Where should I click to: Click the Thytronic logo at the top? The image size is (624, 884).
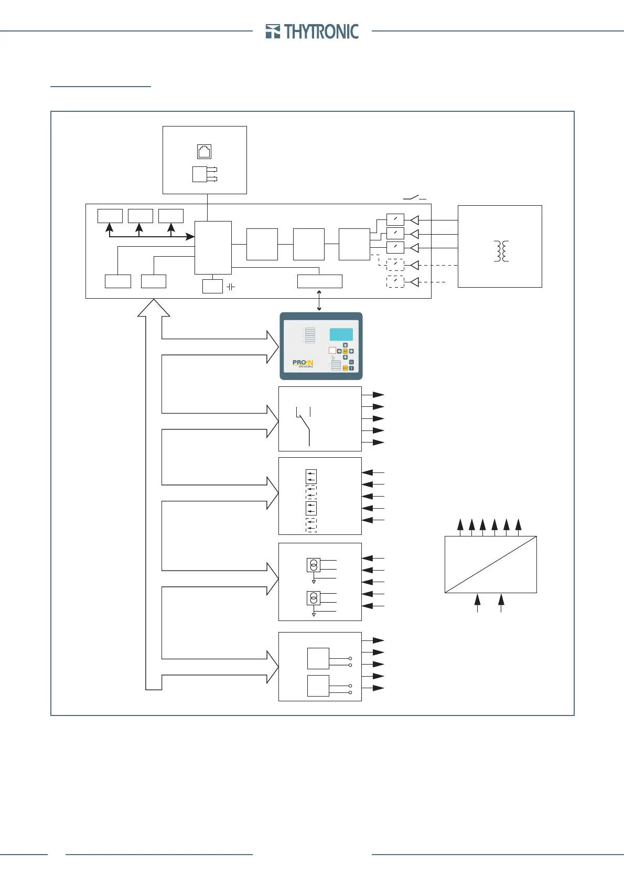coord(312,31)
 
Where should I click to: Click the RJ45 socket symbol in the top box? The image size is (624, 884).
coord(204,152)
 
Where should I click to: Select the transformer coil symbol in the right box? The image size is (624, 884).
coord(502,251)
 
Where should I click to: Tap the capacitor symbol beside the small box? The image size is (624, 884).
coord(230,287)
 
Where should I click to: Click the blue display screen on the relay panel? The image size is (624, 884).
coord(341,334)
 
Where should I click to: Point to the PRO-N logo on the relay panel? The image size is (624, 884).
coord(303,363)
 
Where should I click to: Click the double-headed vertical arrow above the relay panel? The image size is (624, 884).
coord(319,300)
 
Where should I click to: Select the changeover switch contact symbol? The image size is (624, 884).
coord(304,426)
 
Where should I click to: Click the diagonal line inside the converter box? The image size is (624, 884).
coord(490,564)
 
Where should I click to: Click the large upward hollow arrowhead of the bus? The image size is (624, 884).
coord(154,308)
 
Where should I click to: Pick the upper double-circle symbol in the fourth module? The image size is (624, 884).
coord(314,565)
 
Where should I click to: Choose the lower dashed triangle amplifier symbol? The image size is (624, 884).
coord(414,282)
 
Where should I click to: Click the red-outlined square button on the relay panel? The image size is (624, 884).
coord(332,350)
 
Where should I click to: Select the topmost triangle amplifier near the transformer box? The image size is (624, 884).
coord(414,220)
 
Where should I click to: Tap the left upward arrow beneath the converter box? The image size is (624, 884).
coord(477,602)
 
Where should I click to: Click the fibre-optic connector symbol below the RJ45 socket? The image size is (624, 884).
coord(204,174)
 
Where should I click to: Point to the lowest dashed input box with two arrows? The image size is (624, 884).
coord(311,525)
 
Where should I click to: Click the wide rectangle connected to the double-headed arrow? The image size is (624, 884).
coord(319,281)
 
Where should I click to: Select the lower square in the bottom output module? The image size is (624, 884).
coord(318,686)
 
